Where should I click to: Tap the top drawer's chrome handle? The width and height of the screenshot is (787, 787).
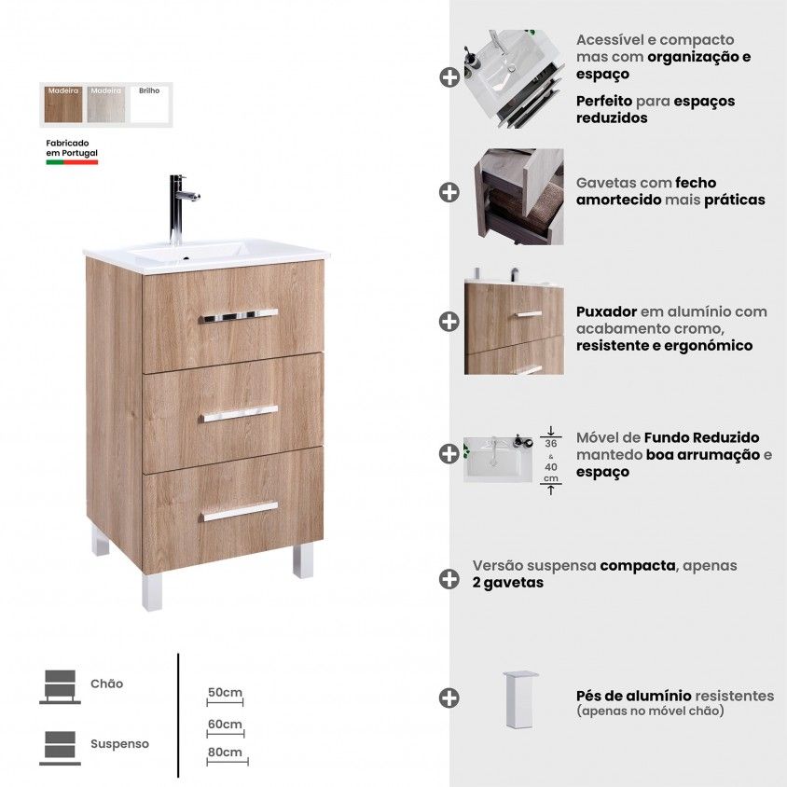[239, 316]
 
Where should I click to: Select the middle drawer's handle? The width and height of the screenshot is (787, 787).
[240, 414]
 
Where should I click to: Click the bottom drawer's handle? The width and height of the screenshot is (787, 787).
[240, 511]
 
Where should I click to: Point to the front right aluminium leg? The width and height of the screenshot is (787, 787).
[303, 560]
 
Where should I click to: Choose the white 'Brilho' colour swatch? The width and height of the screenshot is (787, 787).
[149, 104]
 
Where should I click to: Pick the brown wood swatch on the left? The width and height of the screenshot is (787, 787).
[63, 104]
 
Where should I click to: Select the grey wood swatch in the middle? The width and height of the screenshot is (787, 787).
[106, 104]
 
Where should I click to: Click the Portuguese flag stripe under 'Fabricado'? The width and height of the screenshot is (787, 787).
[72, 162]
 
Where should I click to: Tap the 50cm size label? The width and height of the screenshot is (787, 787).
[225, 692]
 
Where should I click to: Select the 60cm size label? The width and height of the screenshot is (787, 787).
[225, 724]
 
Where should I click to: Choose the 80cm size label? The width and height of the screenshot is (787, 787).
[225, 752]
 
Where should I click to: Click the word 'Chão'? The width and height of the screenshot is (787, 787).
[106, 683]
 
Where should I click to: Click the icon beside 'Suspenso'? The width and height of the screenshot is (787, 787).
[61, 748]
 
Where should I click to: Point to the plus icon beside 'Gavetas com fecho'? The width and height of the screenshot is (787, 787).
[449, 192]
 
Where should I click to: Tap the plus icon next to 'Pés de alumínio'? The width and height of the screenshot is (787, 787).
[449, 697]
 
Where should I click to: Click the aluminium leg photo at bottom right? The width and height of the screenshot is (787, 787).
[520, 699]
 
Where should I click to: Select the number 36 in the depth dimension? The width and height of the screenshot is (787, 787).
[550, 444]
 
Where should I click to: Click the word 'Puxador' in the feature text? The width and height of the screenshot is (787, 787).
[606, 311]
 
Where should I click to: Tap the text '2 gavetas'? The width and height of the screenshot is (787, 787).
[508, 583]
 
